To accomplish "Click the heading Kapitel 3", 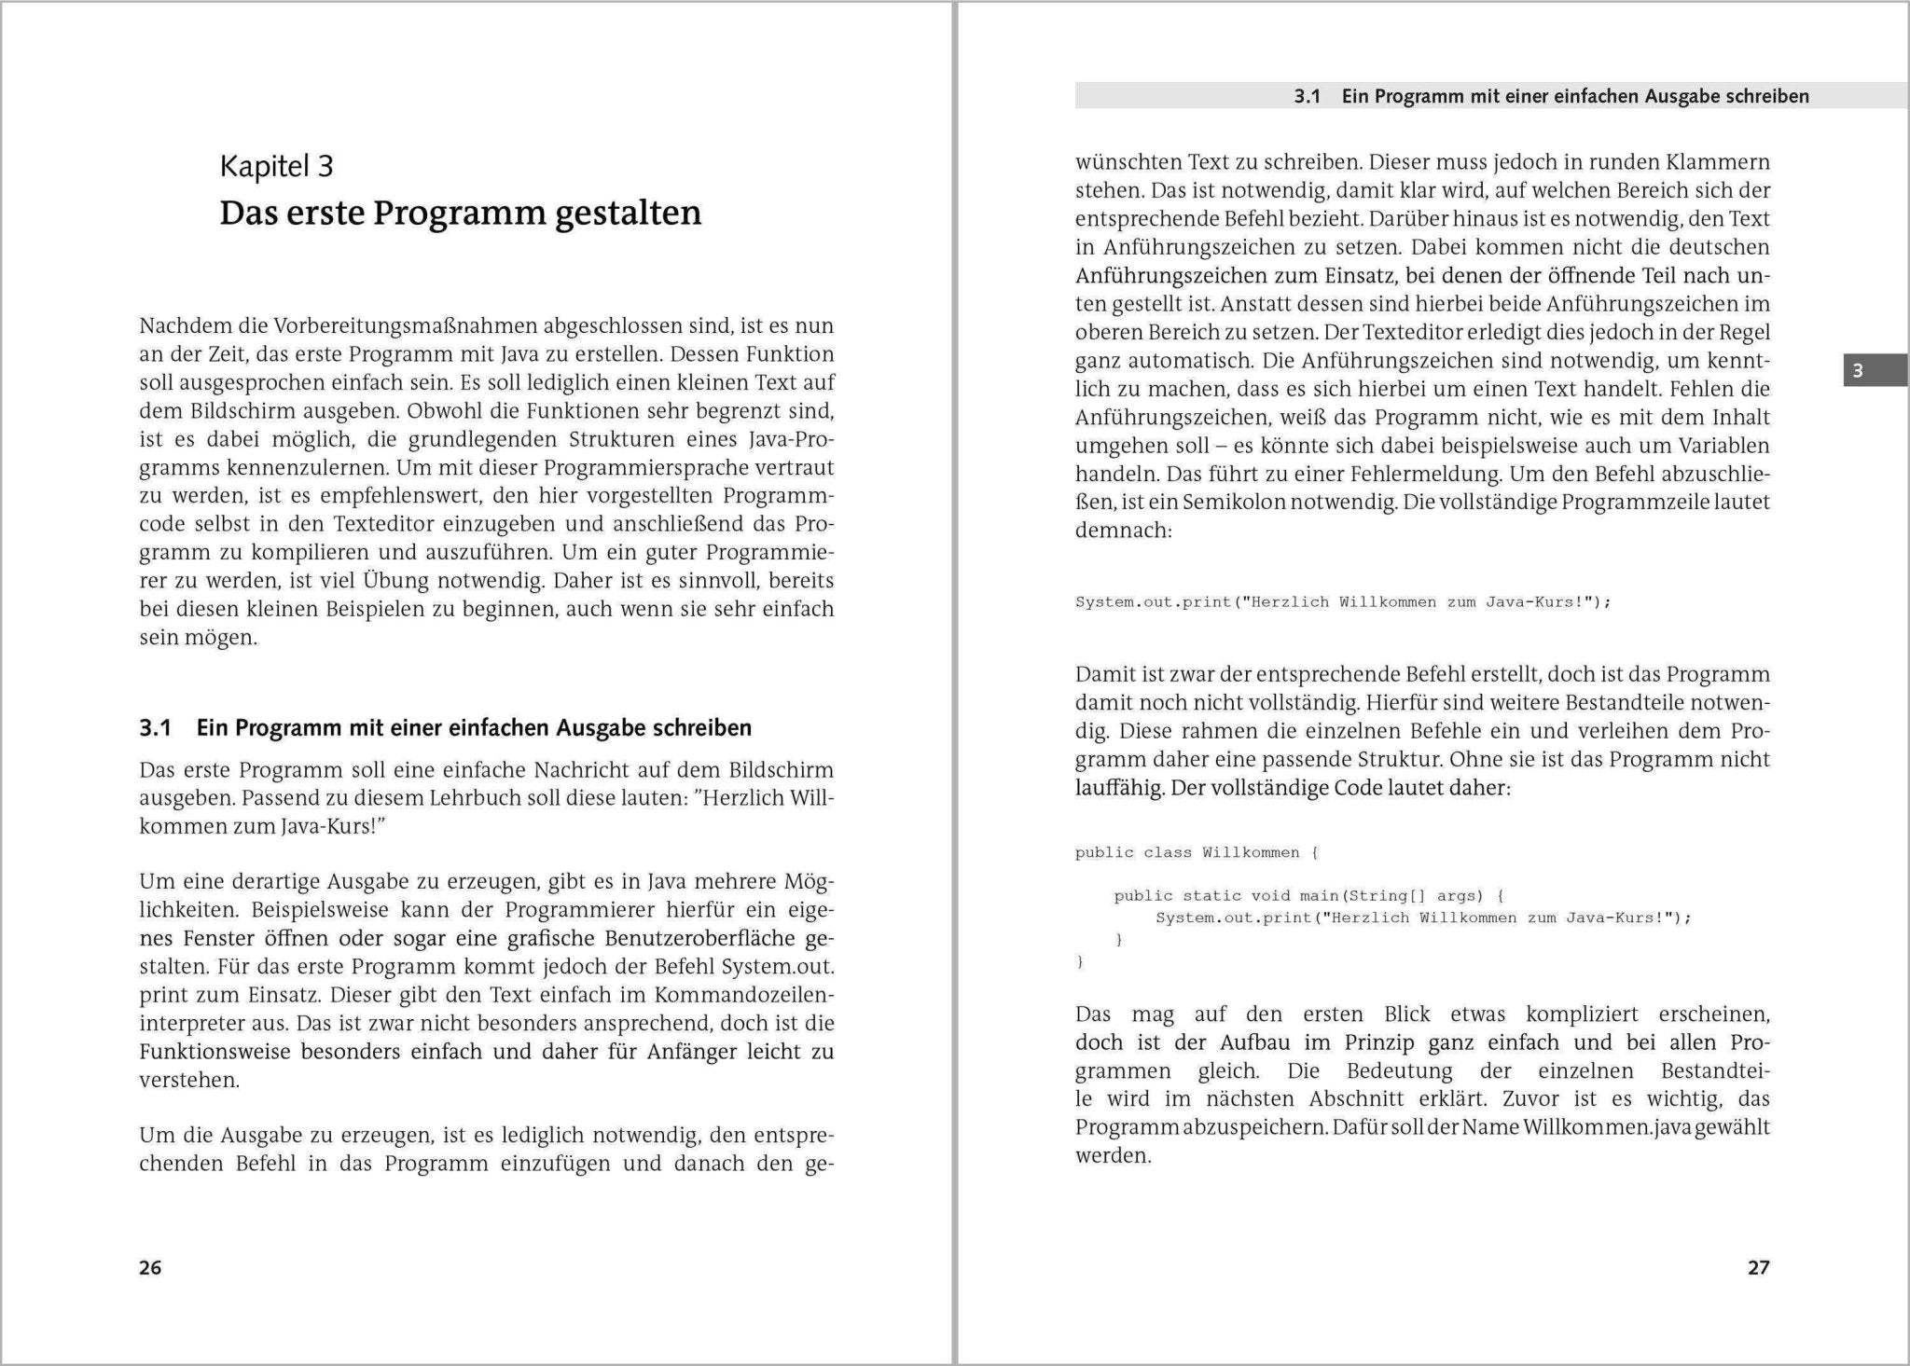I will (276, 166).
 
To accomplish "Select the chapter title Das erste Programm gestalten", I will (460, 214).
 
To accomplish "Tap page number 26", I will (150, 1267).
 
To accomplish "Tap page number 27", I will (1758, 1267).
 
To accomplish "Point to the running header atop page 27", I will (1551, 96).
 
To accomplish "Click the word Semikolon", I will (1240, 503).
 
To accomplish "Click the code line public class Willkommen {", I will (1196, 852).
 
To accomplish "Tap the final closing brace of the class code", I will (1080, 961).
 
